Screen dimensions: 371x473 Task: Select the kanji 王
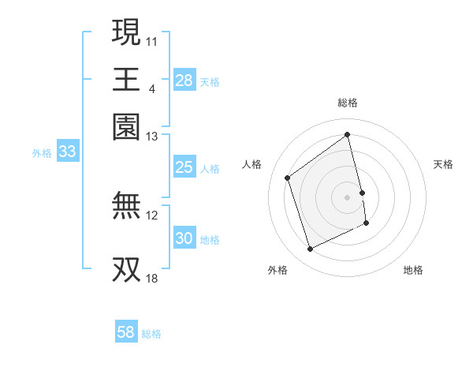127,80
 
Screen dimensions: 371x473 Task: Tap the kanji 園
127,127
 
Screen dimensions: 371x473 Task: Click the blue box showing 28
184,81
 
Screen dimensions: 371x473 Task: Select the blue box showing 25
184,167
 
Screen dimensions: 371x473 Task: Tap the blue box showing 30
184,239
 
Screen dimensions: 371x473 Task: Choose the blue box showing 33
67,152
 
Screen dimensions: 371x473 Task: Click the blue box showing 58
125,332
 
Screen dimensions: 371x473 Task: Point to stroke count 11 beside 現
152,39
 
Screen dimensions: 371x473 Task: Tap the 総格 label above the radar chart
348,103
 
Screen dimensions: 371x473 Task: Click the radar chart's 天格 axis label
444,164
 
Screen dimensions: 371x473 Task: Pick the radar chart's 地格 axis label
413,271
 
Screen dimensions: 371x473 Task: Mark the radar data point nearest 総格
348,135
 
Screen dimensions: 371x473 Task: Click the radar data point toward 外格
310,249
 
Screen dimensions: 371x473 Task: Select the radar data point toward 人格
288,178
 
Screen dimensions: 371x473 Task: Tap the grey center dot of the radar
348,197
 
